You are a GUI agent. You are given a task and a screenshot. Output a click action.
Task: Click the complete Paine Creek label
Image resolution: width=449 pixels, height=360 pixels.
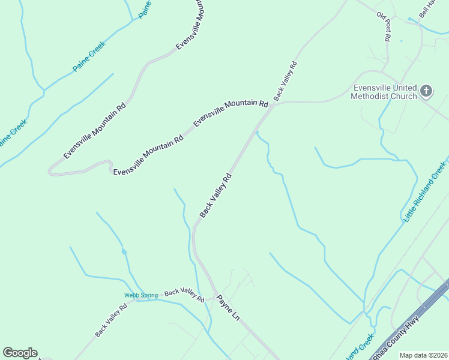[x=89, y=56]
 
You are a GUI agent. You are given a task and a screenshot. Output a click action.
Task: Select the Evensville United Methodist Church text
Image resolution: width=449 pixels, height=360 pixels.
[x=384, y=92]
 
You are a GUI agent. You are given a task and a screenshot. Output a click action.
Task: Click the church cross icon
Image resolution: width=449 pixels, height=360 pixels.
[x=426, y=91]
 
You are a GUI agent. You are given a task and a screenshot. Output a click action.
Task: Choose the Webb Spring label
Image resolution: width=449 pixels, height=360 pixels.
[x=141, y=295]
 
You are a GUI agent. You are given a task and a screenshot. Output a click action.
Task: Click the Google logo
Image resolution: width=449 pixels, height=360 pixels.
[x=20, y=353]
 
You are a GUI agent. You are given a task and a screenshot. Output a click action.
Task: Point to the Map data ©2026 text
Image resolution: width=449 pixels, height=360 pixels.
[x=423, y=355]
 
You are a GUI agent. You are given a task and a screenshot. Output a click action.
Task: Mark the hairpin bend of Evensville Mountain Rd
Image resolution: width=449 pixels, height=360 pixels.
[x=52, y=172]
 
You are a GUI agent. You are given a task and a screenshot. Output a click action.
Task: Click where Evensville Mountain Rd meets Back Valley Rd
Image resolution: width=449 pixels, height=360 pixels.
[x=273, y=104]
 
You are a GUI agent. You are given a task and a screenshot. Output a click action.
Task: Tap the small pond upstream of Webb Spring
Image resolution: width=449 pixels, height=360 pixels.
[x=124, y=251]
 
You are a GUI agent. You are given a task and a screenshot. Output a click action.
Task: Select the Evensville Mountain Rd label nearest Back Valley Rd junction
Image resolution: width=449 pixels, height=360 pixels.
[x=231, y=113]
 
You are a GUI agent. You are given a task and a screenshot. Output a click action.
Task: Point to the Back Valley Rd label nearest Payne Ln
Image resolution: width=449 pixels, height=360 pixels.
[x=184, y=295]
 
